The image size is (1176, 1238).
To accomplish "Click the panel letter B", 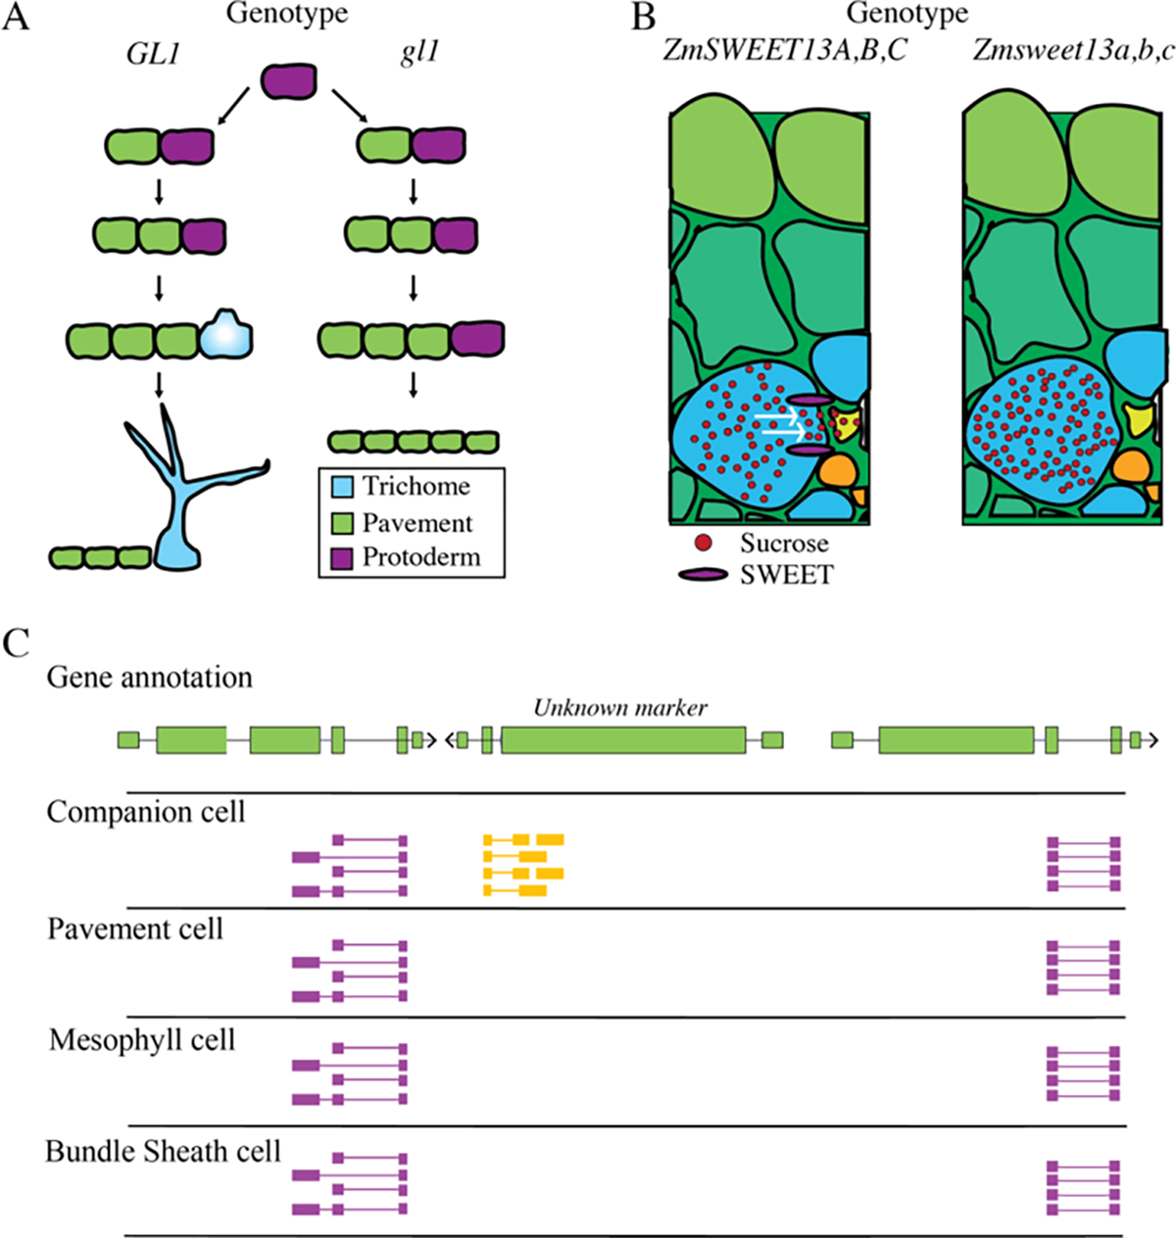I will tap(643, 17).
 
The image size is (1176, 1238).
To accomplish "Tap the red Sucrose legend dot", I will tap(703, 543).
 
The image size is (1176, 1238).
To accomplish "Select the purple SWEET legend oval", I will tap(703, 575).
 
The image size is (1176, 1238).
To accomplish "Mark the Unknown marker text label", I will tap(619, 707).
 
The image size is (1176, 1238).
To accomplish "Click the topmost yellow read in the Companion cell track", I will tap(523, 839).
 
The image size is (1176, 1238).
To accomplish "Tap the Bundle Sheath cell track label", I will tap(164, 1151).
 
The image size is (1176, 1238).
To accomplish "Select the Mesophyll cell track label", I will tap(142, 1039).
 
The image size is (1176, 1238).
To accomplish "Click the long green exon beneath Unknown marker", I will tap(623, 740).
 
